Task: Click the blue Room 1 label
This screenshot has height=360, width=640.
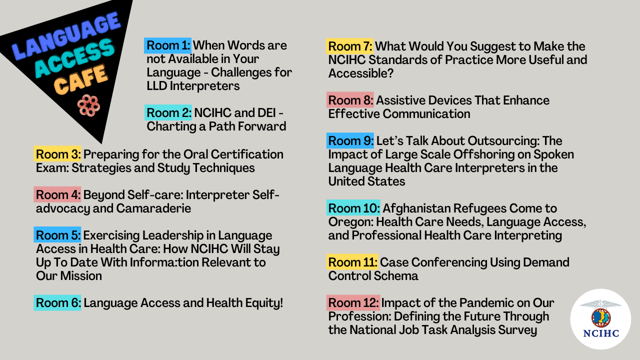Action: (167, 45)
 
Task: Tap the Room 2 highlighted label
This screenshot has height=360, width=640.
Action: (168, 112)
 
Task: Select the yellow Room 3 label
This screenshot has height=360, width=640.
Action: (57, 154)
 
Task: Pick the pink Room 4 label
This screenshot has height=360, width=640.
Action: (57, 194)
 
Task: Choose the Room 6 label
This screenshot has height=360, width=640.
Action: (57, 303)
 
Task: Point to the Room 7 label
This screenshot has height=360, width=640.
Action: (349, 46)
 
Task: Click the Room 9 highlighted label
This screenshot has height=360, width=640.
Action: (350, 140)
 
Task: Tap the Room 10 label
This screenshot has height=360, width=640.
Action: (353, 207)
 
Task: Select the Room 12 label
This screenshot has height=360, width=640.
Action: (353, 303)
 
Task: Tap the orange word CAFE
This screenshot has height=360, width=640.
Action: (81, 79)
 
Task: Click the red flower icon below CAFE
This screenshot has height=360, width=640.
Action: (88, 105)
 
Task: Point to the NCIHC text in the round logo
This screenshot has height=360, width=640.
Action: (601, 333)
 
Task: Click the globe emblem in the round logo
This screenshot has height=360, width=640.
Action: (601, 317)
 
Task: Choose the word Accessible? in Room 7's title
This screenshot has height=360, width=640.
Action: (361, 73)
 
